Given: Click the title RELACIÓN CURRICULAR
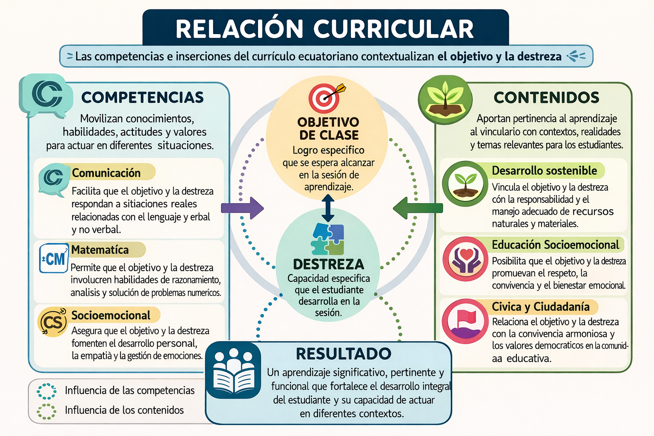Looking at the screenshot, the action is pos(324,29).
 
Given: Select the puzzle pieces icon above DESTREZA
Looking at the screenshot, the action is pos(328,239).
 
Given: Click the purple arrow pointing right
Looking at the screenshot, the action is pos(242,208).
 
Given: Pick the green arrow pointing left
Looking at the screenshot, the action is pos(418,208).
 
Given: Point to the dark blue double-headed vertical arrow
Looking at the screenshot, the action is pos(328,208).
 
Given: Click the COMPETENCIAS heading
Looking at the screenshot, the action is pos(143,98).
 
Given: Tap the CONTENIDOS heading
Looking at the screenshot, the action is pos(546,98).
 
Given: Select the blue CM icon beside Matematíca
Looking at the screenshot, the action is pos(54,258).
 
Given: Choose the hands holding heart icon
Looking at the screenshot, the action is pos(465,259).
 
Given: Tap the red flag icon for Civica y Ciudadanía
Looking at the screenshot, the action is pos(465,321).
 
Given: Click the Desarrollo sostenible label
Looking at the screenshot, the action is pos(544,171).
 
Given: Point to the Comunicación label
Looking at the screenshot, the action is pos(106,173).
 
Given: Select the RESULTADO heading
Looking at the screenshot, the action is pos(344,354).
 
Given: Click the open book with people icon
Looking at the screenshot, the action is pos(233,370).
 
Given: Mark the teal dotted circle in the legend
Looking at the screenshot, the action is pos(47,391).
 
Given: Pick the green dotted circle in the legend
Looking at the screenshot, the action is pos(47,411).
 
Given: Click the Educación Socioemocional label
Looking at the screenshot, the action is pos(555,245).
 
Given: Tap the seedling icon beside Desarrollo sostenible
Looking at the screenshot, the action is pos(465,184).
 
